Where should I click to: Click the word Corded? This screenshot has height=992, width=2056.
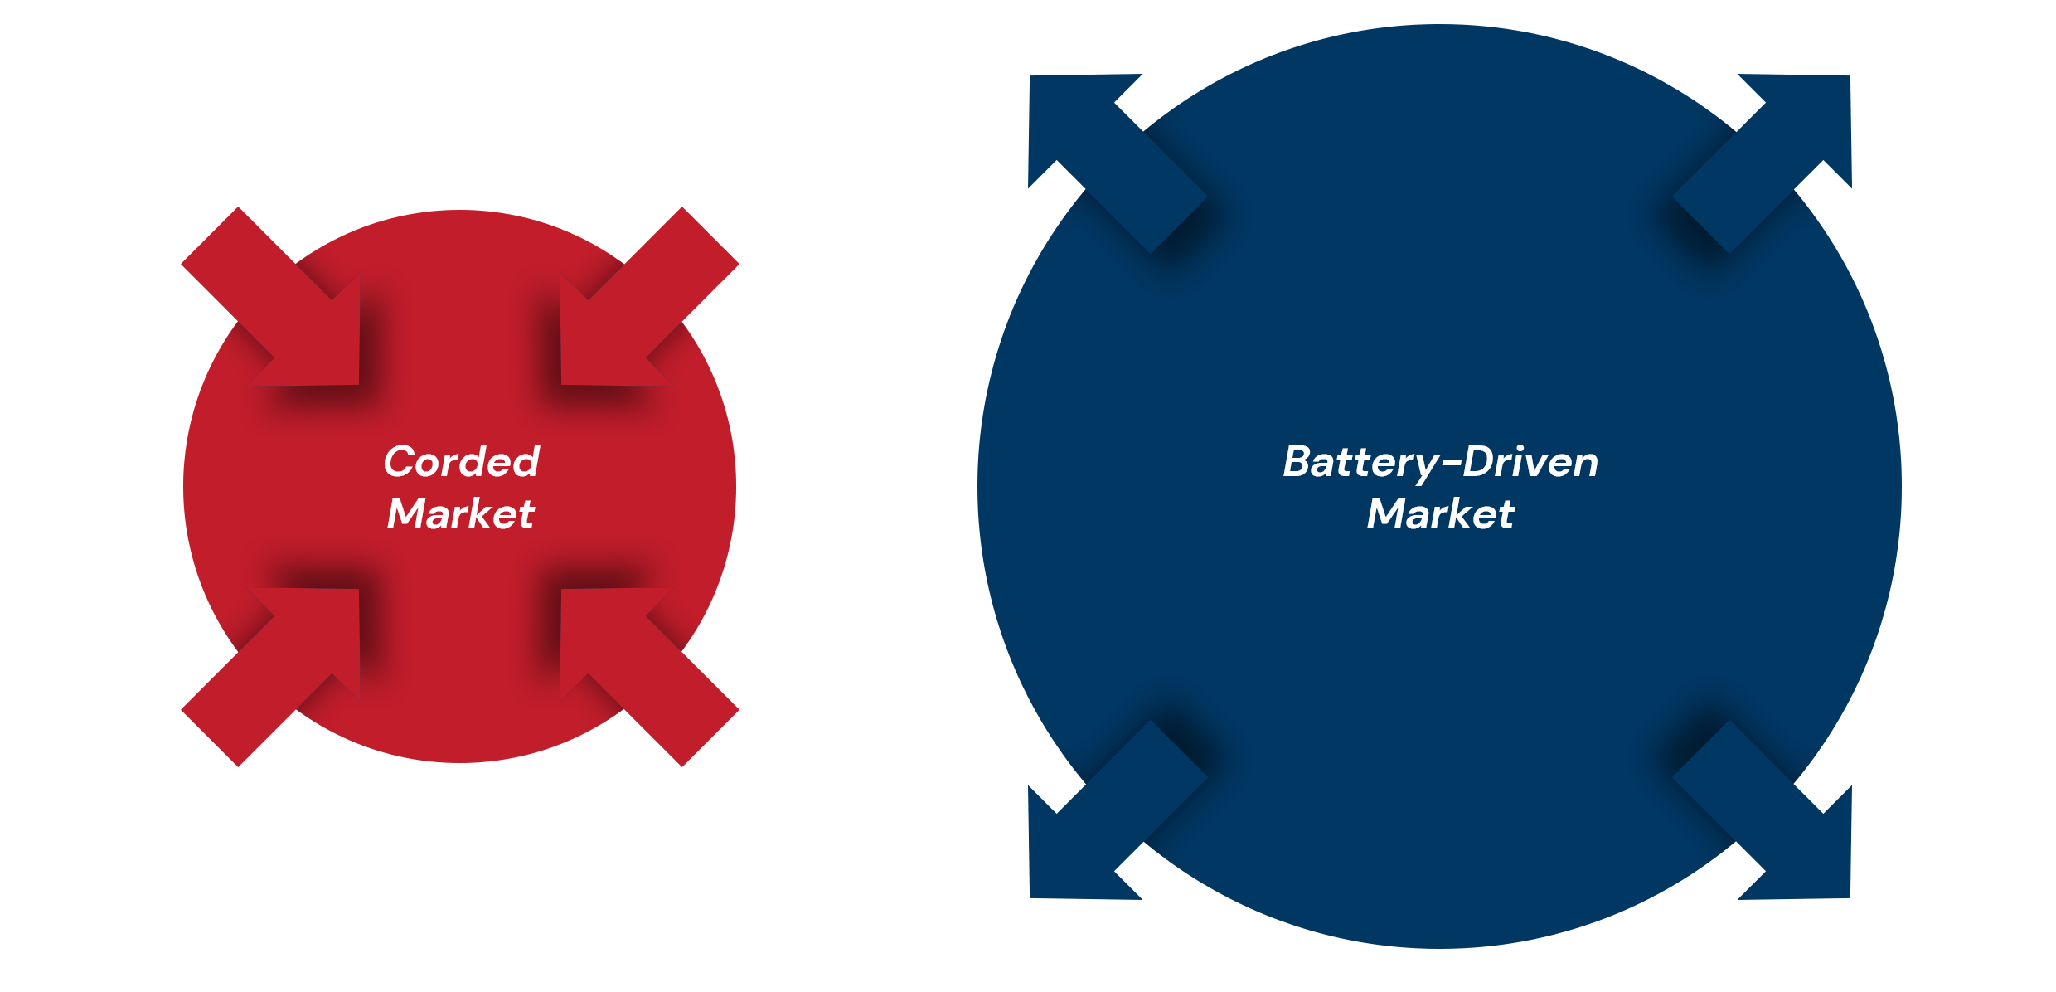coord(462,462)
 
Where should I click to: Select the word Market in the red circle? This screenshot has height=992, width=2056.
coord(461,513)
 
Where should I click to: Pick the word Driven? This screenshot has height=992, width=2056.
coord(1530,462)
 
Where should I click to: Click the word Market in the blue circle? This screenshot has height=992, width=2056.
coord(1441,513)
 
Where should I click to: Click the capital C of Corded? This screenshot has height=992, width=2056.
coord(400,462)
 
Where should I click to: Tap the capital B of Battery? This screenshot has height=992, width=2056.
coord(1297,462)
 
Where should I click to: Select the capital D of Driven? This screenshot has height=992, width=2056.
coord(1478,462)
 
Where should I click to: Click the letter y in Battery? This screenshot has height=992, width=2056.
coord(1426,467)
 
